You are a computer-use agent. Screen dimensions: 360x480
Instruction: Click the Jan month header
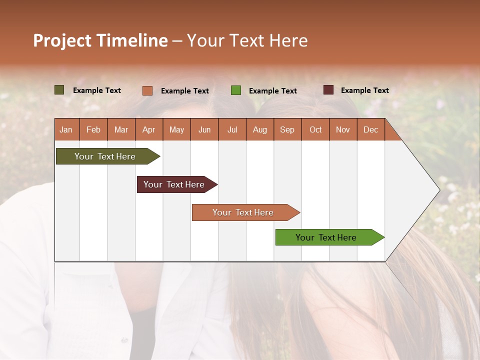66,129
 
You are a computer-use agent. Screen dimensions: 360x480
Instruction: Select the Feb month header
93,129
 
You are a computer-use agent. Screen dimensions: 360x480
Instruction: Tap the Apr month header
148,129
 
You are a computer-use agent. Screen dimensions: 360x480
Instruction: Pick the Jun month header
204,129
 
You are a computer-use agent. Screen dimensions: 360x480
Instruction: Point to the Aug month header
259,129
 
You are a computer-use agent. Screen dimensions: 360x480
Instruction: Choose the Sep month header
287,129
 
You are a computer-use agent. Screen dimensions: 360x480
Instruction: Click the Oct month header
315,129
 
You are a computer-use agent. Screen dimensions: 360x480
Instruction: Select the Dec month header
370,129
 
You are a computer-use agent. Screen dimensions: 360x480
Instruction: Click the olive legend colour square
59,90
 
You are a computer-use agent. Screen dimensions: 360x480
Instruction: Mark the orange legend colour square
147,90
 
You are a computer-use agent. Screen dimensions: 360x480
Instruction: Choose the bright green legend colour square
235,90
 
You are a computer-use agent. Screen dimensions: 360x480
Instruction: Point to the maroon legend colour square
328,90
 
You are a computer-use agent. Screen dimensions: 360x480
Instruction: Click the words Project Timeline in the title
100,40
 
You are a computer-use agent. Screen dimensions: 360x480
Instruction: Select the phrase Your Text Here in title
247,40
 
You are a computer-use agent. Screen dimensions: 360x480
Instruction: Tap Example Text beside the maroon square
364,90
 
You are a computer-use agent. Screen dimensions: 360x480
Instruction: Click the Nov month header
342,129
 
